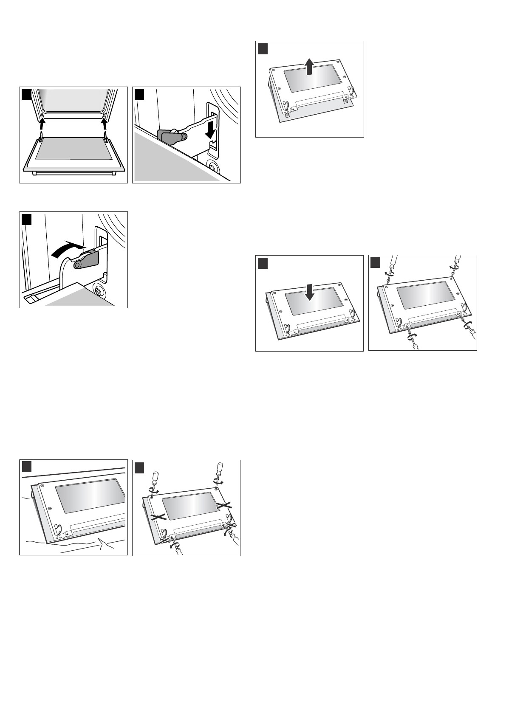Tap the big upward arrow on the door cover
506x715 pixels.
click(309, 67)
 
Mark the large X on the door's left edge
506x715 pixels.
click(158, 517)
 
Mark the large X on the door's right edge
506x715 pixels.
click(224, 505)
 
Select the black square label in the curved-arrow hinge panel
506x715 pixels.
click(27, 219)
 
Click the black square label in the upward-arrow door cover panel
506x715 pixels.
click(263, 48)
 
